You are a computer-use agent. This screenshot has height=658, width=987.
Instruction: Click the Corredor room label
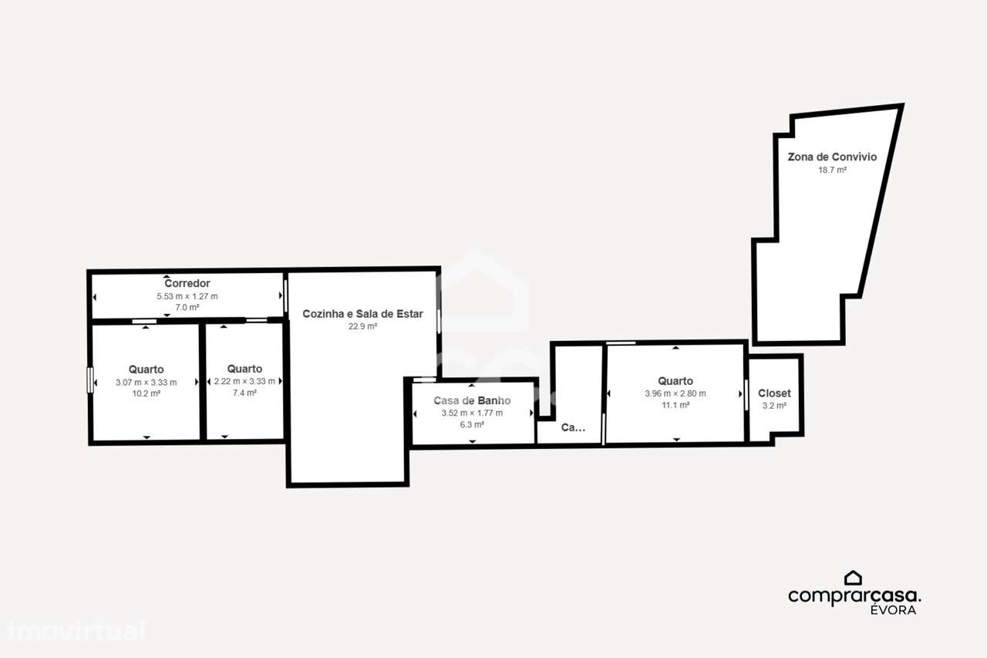[x=187, y=283]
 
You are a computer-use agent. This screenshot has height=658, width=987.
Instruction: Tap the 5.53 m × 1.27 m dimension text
[x=187, y=296]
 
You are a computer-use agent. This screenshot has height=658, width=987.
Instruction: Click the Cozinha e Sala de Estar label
[x=362, y=313]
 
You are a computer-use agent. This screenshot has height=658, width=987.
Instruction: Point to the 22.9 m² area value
[x=362, y=326]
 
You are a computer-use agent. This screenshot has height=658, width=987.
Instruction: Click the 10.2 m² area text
[x=146, y=393]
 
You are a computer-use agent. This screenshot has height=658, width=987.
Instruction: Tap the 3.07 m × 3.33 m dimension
[x=146, y=382]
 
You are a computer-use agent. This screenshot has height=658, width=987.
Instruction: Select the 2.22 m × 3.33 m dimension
[x=244, y=381]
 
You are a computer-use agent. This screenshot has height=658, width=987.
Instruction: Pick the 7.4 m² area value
[x=244, y=393]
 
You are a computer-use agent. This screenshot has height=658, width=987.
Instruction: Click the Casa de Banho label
[x=472, y=400]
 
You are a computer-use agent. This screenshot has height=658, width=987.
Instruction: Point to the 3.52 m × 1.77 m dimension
[x=472, y=413]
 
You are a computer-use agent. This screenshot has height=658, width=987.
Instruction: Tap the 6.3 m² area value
[x=472, y=424]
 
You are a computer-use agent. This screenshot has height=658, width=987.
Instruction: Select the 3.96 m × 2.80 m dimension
[x=675, y=393]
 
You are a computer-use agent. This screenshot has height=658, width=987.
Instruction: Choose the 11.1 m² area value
[x=675, y=405]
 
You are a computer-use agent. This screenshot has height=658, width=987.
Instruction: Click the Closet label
[x=774, y=393]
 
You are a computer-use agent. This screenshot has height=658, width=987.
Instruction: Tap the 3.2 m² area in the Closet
[x=774, y=406]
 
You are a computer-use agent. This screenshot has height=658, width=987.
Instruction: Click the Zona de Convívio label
[x=832, y=157]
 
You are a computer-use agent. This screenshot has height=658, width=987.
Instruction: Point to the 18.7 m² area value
[x=832, y=170]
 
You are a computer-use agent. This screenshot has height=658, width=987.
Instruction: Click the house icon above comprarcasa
[x=853, y=578]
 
